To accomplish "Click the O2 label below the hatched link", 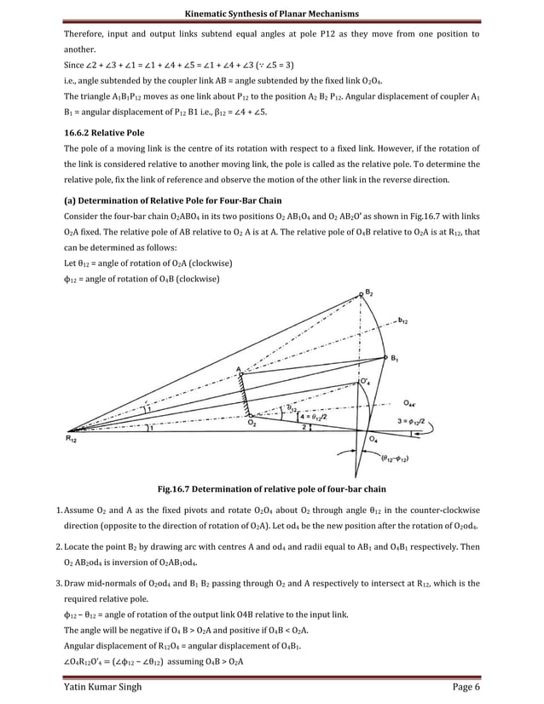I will pos(251,422).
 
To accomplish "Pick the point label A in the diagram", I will pos(238,369).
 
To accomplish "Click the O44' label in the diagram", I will pos(411,401).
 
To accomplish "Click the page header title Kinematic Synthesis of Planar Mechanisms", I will pos(272,14).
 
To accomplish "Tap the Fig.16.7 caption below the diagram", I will pos(272,489).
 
